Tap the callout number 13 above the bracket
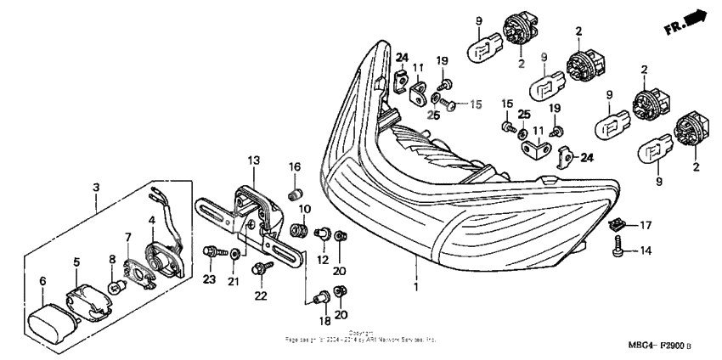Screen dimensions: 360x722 [252, 160]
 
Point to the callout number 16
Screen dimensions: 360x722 [295, 166]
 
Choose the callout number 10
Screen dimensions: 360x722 [304, 209]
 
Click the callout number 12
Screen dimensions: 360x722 [322, 258]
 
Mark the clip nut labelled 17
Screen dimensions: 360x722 [618, 224]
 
